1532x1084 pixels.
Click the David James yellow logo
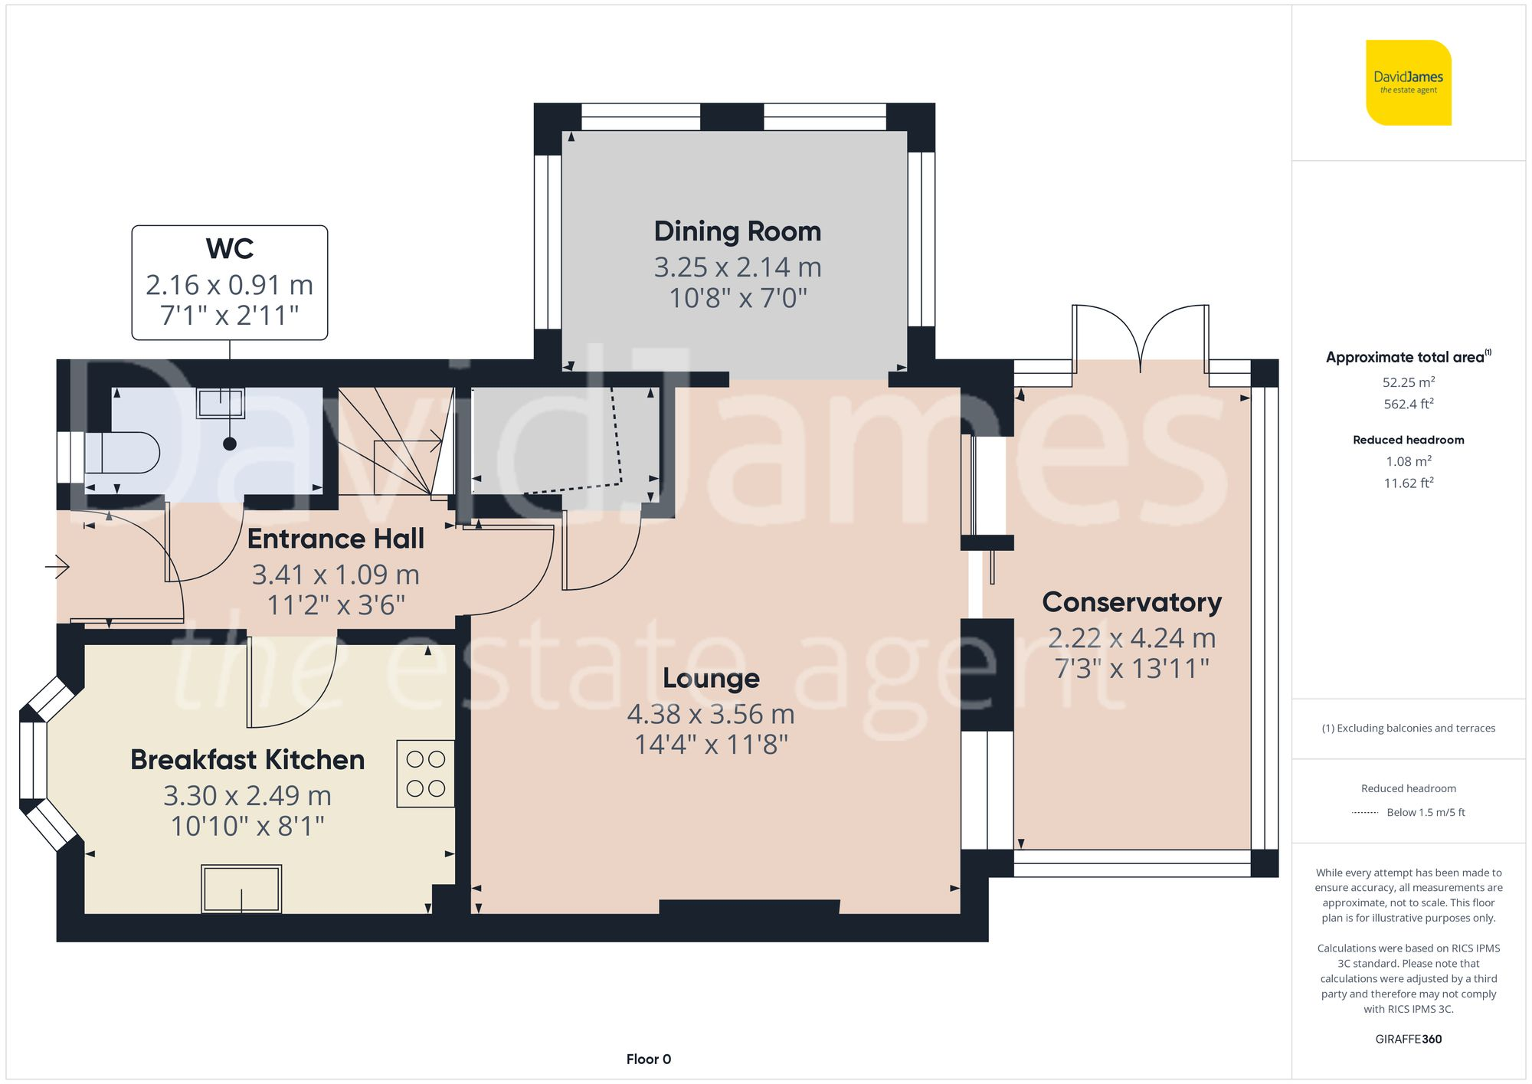tap(1408, 83)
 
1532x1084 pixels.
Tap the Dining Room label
tap(737, 231)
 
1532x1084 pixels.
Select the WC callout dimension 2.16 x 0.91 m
tap(229, 285)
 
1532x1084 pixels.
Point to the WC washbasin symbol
tap(221, 403)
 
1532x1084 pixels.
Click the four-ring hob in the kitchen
tap(425, 773)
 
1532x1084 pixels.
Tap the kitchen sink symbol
tap(241, 889)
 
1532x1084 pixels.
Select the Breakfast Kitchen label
tap(247, 760)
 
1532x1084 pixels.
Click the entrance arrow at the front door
tap(57, 567)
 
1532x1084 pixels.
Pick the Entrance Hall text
tap(336, 539)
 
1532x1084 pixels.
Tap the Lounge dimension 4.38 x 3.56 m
tap(710, 714)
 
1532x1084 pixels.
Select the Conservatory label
tap(1131, 602)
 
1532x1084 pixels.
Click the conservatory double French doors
tap(1141, 337)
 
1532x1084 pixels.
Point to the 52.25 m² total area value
tap(1408, 382)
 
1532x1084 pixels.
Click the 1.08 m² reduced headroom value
tap(1408, 461)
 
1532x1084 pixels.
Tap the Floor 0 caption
tap(648, 1059)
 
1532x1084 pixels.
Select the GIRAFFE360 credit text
tap(1408, 1039)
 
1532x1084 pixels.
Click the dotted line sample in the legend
tap(1365, 813)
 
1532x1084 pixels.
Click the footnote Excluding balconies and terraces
tap(1408, 728)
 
